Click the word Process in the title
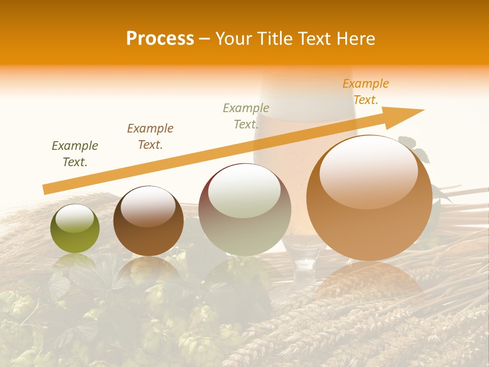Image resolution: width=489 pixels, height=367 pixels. coord(160,39)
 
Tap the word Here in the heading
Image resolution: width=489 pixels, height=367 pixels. coord(354,39)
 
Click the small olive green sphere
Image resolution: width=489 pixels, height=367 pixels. coord(75,229)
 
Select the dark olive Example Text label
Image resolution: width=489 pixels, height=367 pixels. coord(75,154)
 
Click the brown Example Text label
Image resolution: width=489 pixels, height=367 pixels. coord(150,137)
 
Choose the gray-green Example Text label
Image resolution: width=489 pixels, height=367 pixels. coord(246,116)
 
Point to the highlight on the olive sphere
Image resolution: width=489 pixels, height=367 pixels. coord(74,218)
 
